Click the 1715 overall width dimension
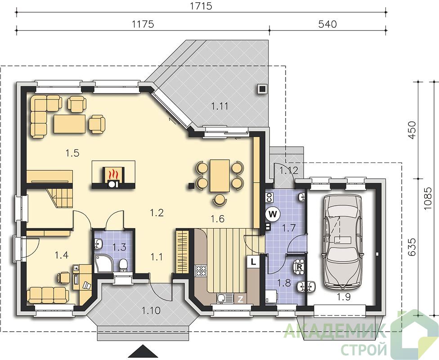pos(201,6)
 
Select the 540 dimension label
pos(327,24)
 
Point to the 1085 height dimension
pos(427,198)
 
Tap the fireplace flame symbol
pos(112,174)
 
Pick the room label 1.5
pos(72,153)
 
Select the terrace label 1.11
pos(219,106)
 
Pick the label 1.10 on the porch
pos(151,310)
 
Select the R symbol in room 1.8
pos(299,266)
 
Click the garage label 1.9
pos(344,297)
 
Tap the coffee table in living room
pos(70,124)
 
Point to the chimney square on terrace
pos(262,89)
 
